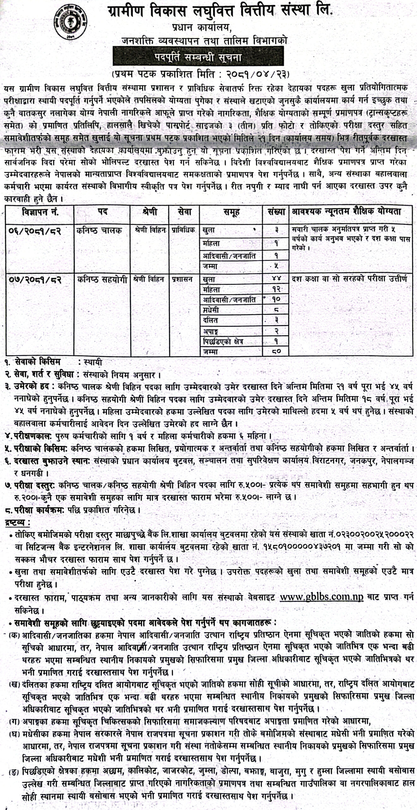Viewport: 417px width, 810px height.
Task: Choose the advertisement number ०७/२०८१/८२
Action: (x=36, y=279)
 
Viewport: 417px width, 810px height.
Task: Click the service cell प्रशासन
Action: (x=183, y=279)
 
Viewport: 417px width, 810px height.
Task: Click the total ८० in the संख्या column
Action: (x=276, y=351)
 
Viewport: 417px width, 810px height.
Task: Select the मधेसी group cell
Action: (x=211, y=310)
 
